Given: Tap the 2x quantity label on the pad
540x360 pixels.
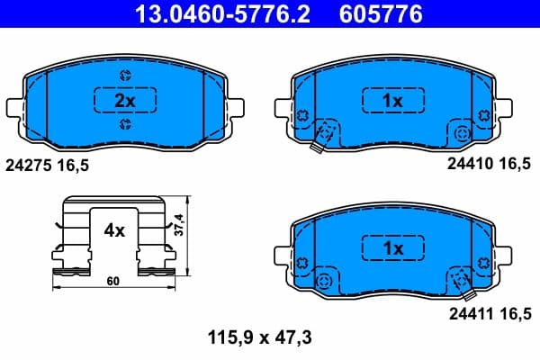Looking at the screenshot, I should [125, 102].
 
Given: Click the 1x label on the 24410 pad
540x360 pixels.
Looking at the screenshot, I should [391, 102].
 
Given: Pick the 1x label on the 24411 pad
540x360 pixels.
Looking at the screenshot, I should [391, 247].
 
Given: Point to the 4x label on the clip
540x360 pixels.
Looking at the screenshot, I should [113, 230].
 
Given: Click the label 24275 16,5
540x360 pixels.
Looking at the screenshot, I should [49, 166].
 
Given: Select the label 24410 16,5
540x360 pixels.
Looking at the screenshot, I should [490, 166].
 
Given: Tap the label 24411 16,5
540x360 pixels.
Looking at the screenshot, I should [490, 312].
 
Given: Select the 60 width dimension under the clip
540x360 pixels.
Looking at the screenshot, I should [113, 282].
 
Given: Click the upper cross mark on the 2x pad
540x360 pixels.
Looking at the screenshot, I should [123, 75].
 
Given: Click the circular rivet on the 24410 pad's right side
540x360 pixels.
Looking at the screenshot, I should [462, 132].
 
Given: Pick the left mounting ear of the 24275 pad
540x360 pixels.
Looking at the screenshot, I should [14, 109].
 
